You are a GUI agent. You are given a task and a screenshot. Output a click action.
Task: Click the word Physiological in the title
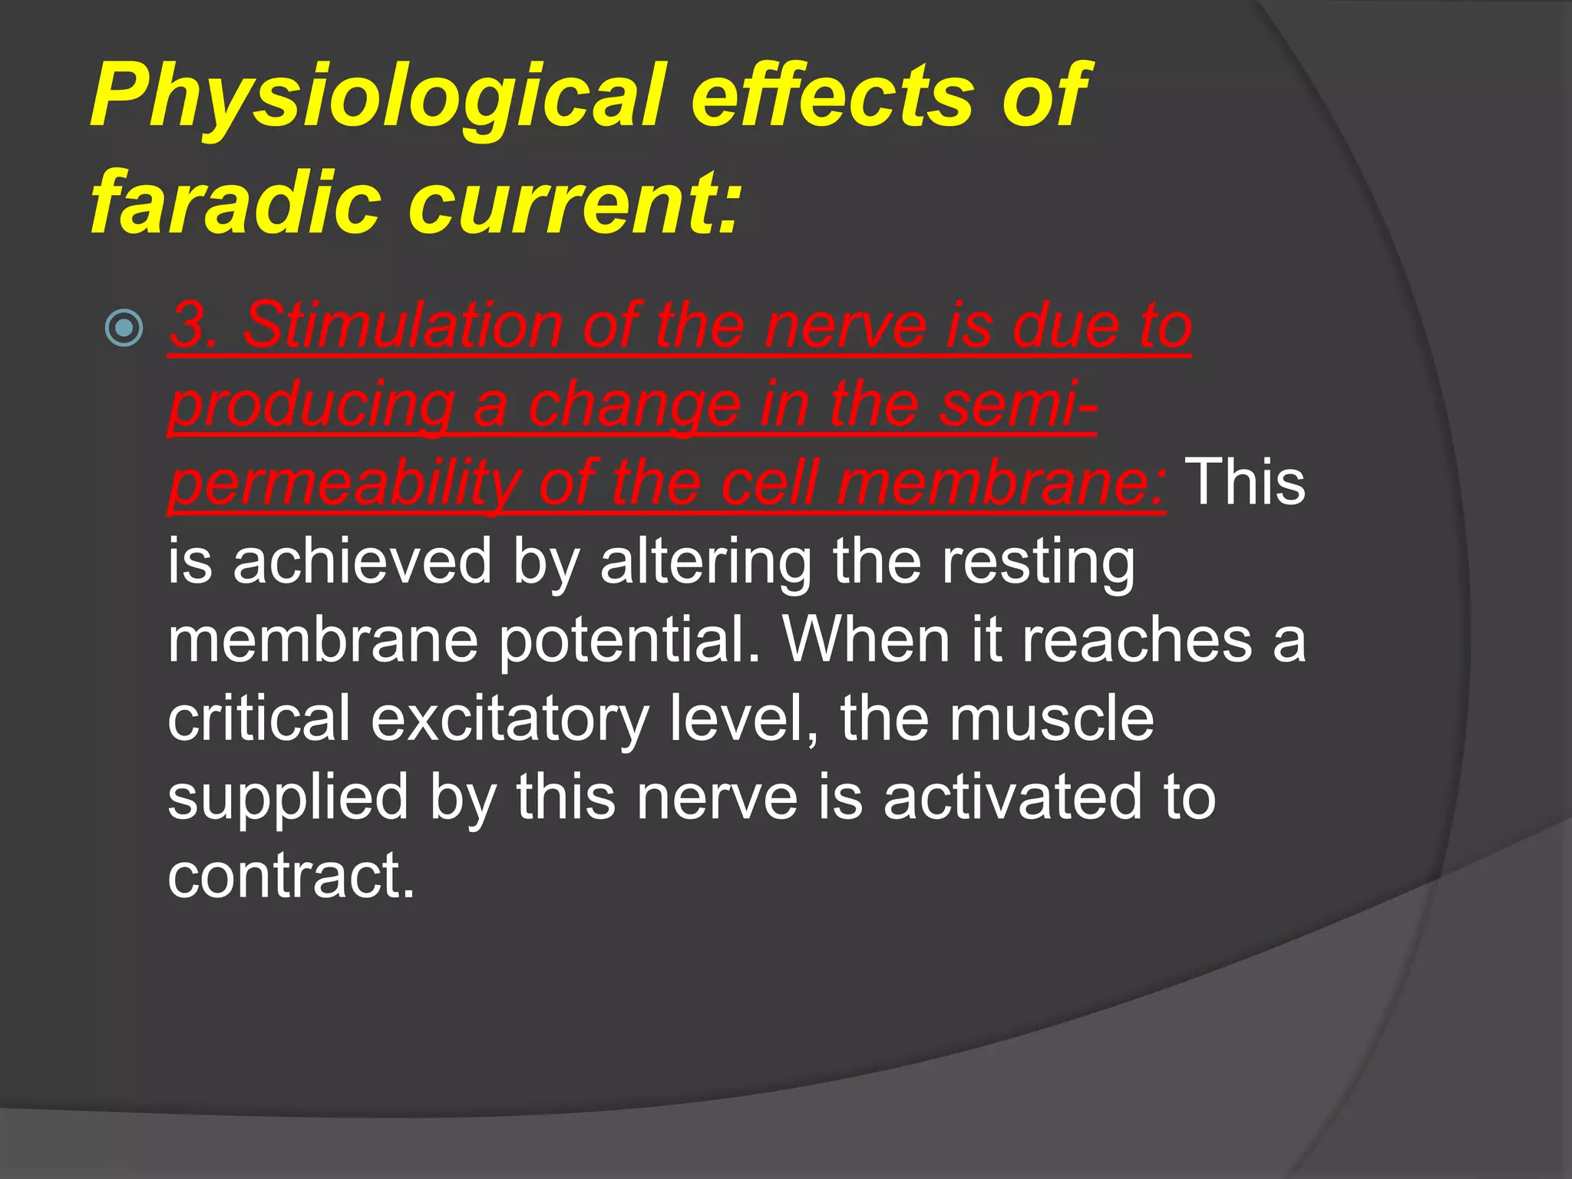(376, 98)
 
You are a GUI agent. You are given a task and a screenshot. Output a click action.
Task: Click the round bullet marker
(124, 328)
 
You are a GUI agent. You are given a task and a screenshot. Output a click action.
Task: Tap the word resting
(1038, 563)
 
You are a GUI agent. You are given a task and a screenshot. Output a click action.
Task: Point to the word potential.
(629, 641)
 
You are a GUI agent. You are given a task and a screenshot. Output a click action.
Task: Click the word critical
(259, 718)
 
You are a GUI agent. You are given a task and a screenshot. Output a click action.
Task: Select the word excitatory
(510, 720)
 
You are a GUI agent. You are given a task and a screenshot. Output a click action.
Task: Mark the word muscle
(1051, 718)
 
